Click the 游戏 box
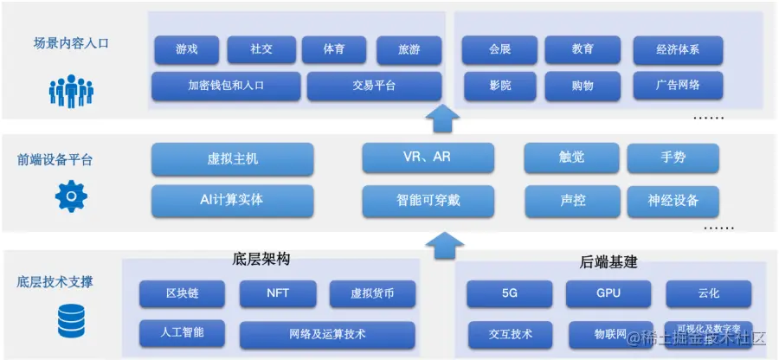pos(186,49)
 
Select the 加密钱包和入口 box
pos(225,86)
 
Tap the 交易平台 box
pos(374,86)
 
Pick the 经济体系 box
pos(677,49)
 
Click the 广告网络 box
pos(677,86)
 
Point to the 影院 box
pos(499,86)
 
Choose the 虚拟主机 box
pos(232,159)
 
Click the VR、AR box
pos(428,157)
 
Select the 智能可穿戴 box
pos(428,201)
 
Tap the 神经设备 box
pos(673,201)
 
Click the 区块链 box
pos(182,293)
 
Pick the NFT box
pos(278,293)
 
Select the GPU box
pos(608,293)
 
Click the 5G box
pos(510,293)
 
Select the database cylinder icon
pos(71,321)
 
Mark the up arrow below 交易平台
pos(444,118)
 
